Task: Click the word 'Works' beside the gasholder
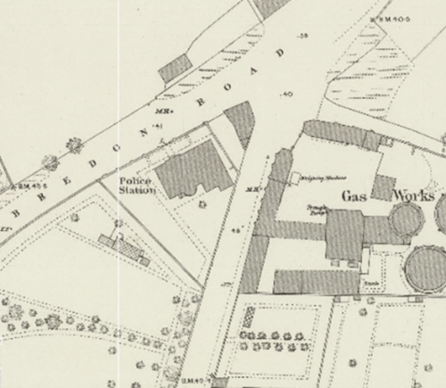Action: tap(414, 194)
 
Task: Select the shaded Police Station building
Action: tap(188, 169)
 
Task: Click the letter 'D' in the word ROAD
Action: tap(285, 54)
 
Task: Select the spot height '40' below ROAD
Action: tap(286, 94)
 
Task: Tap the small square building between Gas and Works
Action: tap(384, 187)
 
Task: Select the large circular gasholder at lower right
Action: tap(426, 270)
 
